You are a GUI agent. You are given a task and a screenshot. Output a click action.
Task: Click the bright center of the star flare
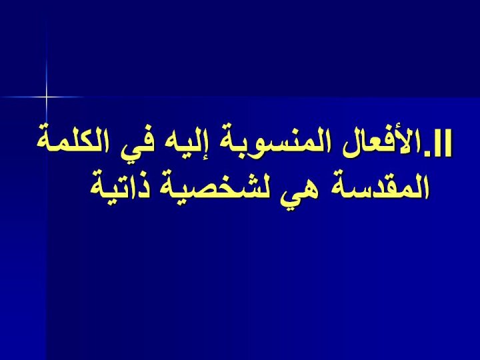47,97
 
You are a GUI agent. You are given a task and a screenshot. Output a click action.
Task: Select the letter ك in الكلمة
83,141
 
